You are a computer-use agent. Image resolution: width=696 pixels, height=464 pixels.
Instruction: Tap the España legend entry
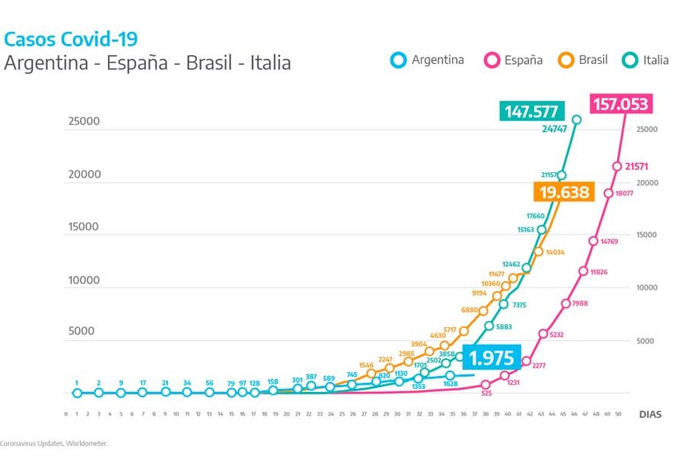[x=513, y=60]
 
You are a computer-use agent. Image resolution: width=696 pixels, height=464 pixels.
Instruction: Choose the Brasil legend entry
[x=583, y=60]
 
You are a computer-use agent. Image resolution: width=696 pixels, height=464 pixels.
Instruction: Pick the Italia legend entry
[x=644, y=60]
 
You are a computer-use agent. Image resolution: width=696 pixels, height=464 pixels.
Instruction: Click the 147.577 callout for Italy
[x=531, y=110]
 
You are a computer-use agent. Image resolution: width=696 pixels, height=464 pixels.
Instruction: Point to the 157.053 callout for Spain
[x=621, y=104]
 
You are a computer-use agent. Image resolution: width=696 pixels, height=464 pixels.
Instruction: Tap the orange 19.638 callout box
[x=564, y=192]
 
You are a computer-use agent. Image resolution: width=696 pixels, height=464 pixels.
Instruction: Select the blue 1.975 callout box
[x=491, y=358]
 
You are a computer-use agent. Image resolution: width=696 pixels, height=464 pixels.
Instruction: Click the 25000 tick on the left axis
[x=82, y=122]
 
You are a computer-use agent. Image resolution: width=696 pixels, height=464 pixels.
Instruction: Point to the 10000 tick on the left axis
[x=82, y=280]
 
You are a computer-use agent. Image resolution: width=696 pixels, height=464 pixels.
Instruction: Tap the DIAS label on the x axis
[x=650, y=414]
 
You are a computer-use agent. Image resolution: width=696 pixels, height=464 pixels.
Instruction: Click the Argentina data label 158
[x=273, y=381]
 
